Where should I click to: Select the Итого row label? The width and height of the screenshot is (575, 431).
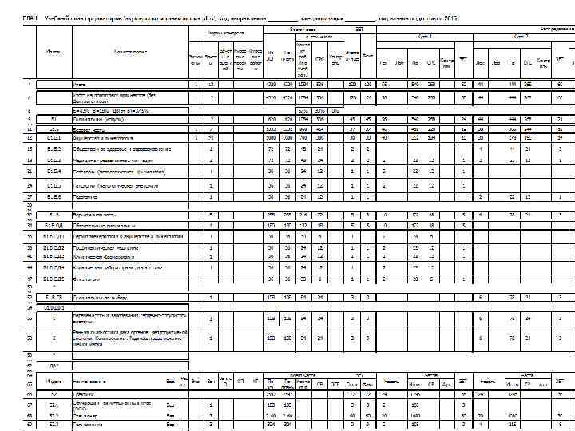(80, 84)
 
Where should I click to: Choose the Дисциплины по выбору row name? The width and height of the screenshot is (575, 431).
(100, 298)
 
